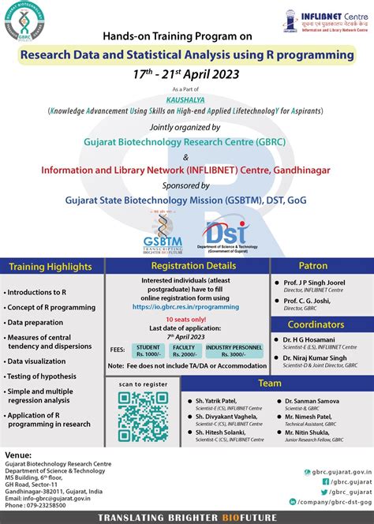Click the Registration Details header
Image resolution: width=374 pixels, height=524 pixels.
point(188,266)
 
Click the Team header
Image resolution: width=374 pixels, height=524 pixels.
point(270,383)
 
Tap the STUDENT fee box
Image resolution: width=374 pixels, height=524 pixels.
point(148,350)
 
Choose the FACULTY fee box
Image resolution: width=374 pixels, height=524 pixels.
point(184,350)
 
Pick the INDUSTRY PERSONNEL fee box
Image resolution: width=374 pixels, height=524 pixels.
point(234,350)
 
